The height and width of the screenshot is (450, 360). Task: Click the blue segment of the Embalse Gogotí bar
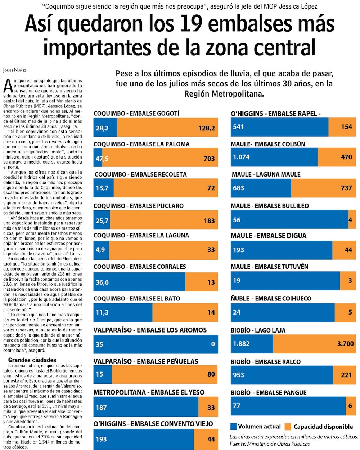[x=105, y=128]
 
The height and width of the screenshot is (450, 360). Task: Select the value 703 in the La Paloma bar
[x=209, y=159]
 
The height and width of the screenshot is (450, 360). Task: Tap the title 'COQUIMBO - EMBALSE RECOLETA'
[x=141, y=174]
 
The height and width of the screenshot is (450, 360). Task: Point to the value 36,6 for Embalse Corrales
[x=102, y=282]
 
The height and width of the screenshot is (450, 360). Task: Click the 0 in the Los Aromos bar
[x=213, y=344]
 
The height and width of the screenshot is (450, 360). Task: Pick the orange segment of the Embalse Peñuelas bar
[x=165, y=374]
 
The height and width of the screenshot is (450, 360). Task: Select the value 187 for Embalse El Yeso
[x=101, y=407]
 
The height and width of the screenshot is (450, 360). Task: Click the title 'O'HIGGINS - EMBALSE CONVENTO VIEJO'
[x=153, y=424]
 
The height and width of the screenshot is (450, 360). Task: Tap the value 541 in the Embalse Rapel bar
[x=238, y=127]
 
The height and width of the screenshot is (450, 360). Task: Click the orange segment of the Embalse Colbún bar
[x=337, y=157]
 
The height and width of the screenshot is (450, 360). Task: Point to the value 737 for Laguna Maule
[x=346, y=188]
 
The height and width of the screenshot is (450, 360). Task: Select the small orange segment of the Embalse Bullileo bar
[x=352, y=219]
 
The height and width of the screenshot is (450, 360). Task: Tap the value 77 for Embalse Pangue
[x=237, y=406]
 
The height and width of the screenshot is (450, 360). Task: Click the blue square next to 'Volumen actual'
[x=233, y=427]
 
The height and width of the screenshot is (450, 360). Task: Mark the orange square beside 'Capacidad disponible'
[x=288, y=427]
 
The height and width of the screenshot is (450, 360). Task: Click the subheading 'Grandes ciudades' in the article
[x=32, y=360]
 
